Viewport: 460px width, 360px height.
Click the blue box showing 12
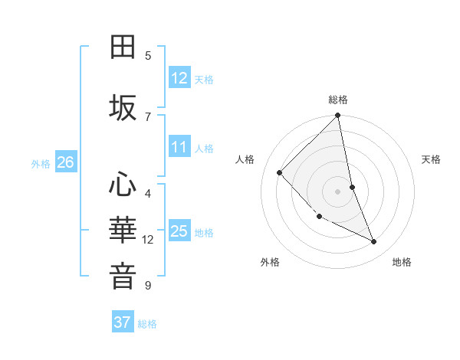coord(179,77)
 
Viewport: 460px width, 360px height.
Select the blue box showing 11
coord(179,147)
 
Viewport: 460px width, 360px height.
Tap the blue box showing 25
coord(179,231)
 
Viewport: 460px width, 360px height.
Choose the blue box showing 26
coord(65,162)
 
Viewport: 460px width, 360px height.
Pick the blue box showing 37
coord(123,322)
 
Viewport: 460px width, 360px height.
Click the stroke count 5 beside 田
coord(148,55)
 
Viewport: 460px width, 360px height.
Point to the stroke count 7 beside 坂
coord(148,116)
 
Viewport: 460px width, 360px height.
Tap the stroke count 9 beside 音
coord(148,286)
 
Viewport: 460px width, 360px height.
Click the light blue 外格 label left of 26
coord(41,163)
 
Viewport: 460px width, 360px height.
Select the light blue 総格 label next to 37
coord(147,324)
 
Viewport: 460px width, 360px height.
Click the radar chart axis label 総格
coord(338,100)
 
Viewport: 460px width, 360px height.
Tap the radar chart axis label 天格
coord(431,159)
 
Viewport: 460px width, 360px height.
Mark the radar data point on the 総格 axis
coord(338,116)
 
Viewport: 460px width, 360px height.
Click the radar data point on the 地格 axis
coord(374,241)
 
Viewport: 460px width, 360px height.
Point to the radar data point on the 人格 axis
coord(280,172)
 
